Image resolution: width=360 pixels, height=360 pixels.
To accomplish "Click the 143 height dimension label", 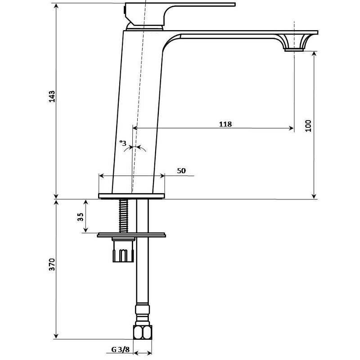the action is click(52, 96).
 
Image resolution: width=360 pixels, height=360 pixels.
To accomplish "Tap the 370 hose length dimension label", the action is click(52, 265).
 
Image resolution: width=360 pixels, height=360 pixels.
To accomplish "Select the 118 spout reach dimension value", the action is click(225, 124).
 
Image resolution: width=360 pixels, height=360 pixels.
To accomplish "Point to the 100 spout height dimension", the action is click(308, 126).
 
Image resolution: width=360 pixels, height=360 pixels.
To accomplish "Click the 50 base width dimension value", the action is click(181, 171).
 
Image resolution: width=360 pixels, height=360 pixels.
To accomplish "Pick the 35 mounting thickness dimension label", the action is click(81, 217).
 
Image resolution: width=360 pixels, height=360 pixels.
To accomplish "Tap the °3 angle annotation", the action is click(123, 143).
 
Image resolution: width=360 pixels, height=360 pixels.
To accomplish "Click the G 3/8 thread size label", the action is click(121, 350).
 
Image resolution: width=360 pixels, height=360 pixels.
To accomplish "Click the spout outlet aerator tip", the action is click(294, 49).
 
